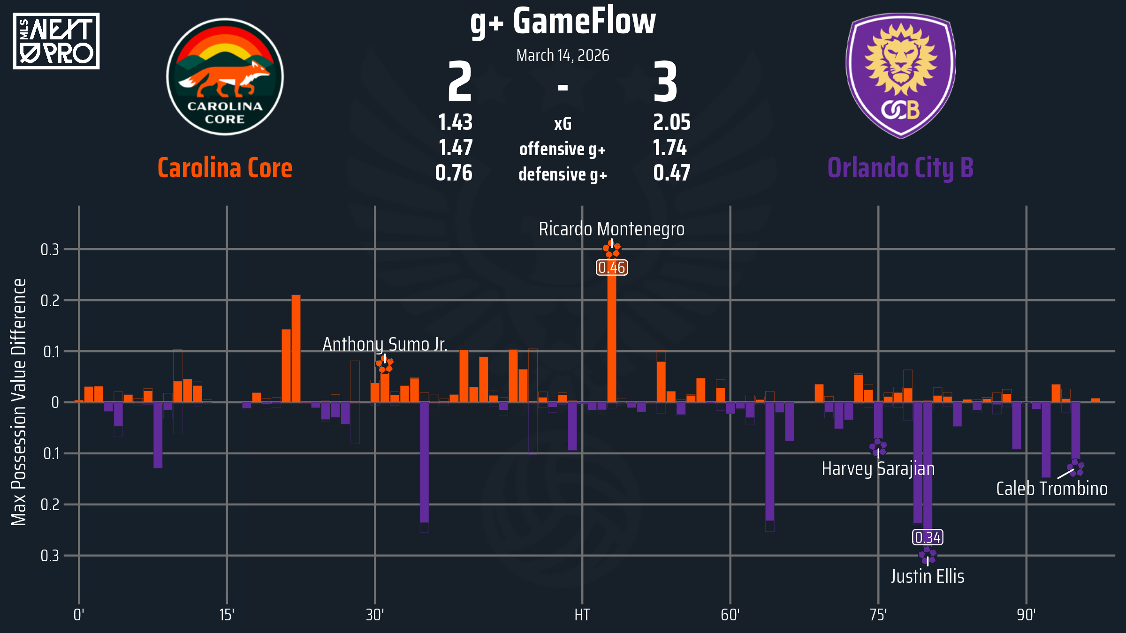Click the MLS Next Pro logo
pyautogui.click(x=56, y=41)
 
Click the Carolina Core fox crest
pyautogui.click(x=225, y=77)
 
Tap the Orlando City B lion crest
pyautogui.click(x=901, y=75)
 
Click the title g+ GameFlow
pyautogui.click(x=563, y=22)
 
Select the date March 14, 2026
pyautogui.click(x=563, y=55)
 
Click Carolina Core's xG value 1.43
pyautogui.click(x=455, y=123)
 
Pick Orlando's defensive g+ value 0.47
pyautogui.click(x=671, y=173)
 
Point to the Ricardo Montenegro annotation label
pyautogui.click(x=611, y=229)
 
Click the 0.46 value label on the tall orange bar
pyautogui.click(x=612, y=268)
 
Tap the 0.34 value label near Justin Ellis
pyautogui.click(x=928, y=537)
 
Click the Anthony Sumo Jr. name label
pyautogui.click(x=385, y=345)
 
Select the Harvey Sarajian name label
pyautogui.click(x=878, y=469)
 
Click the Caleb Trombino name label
pyautogui.click(x=1052, y=489)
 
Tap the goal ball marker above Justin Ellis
pyautogui.click(x=927, y=556)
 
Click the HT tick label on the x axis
pyautogui.click(x=582, y=615)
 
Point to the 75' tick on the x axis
pyautogui.click(x=878, y=615)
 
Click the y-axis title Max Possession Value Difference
pyautogui.click(x=19, y=402)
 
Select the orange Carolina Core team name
pyautogui.click(x=225, y=168)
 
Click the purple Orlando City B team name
pyautogui.click(x=900, y=168)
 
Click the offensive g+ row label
pyautogui.click(x=563, y=149)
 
